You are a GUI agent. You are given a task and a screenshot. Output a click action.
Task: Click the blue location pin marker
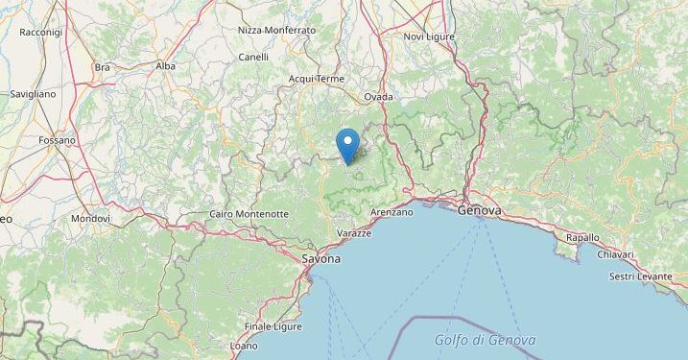point(348,145)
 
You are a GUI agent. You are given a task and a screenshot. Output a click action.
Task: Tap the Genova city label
point(481,210)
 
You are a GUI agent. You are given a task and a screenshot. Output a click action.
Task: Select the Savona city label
point(320,259)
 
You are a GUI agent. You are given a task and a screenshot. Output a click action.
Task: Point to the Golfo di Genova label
point(485,340)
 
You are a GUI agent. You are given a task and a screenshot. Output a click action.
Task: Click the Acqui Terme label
point(316,79)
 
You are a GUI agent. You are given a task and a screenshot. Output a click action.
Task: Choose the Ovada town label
point(380,97)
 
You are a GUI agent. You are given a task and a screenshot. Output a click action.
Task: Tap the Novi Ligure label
point(428,36)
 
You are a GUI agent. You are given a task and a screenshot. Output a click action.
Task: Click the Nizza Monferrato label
point(276,31)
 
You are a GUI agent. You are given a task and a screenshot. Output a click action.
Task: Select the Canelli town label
point(253,57)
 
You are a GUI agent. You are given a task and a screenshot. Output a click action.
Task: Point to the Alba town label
point(166,66)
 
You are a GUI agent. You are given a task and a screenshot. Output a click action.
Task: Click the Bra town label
point(103,67)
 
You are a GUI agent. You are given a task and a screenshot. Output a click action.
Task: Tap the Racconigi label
point(40,33)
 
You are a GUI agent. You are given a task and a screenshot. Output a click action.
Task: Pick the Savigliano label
point(33,95)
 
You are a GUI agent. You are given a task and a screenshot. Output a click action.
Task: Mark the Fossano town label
point(58,140)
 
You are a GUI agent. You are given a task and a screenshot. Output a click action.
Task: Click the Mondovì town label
point(90,219)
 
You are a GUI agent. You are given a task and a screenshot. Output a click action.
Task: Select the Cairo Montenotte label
point(248,214)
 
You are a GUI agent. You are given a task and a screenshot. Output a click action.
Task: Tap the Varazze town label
point(354,234)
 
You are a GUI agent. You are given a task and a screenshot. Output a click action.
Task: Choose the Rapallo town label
point(581,237)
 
